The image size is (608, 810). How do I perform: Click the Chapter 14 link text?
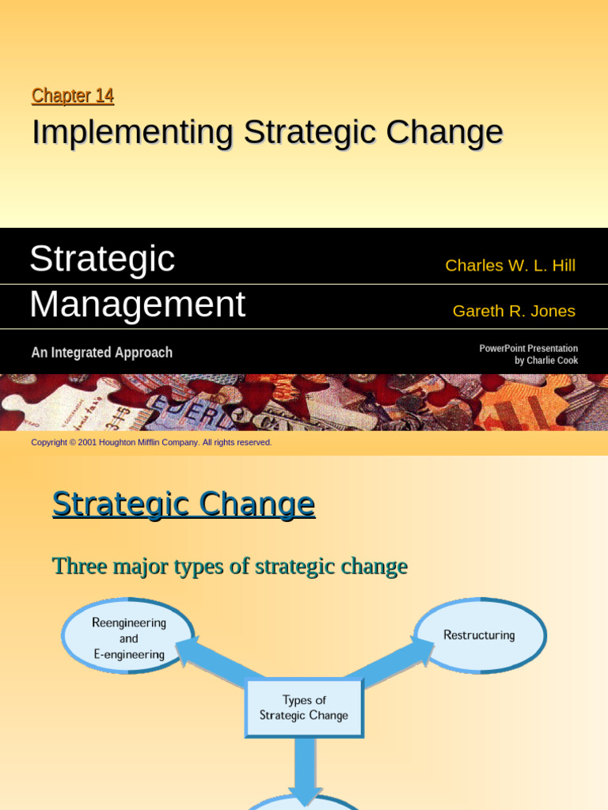[73, 96]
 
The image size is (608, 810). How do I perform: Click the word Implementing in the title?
[132, 133]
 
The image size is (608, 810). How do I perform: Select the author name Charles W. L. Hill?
[510, 266]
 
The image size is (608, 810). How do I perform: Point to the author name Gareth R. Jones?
[514, 311]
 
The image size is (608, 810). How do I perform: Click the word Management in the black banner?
[137, 305]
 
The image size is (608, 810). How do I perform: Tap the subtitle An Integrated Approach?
[101, 353]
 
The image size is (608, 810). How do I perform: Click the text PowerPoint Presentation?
[528, 348]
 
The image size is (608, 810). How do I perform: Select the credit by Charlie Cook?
[546, 361]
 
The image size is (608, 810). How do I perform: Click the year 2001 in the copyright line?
[87, 442]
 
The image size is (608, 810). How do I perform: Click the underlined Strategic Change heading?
[184, 504]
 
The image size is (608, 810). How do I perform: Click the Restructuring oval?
[479, 635]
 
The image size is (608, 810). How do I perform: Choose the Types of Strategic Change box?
[304, 707]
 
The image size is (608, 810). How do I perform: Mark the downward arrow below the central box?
[305, 771]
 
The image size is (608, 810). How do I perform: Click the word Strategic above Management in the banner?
[102, 259]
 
